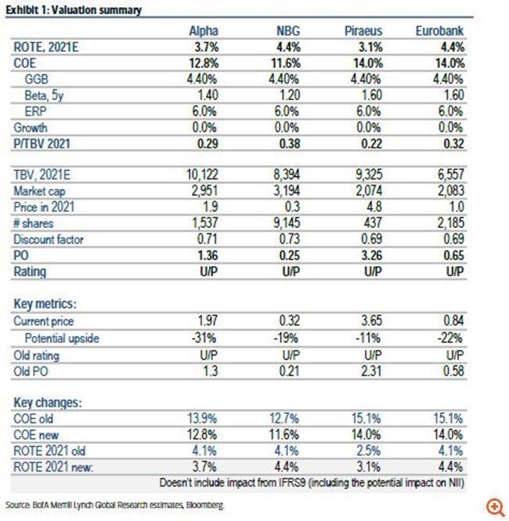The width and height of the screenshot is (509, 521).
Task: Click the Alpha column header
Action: click(x=204, y=31)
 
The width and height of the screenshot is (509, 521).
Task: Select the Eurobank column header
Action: click(x=439, y=31)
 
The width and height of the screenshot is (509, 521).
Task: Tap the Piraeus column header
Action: click(x=363, y=31)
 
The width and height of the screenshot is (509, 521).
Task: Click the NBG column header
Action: click(x=288, y=31)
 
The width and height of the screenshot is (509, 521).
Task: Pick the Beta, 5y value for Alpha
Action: click(x=208, y=96)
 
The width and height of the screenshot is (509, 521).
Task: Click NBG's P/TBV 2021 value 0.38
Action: click(x=290, y=144)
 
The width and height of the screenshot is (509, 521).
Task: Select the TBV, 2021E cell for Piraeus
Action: click(x=369, y=175)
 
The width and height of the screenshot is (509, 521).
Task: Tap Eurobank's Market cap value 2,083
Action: click(x=450, y=190)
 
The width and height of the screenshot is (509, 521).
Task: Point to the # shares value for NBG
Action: click(x=287, y=223)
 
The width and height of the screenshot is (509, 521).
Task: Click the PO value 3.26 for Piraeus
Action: click(x=372, y=255)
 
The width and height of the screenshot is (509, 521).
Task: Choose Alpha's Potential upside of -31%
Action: click(x=204, y=338)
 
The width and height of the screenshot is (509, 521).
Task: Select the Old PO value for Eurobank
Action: click(x=453, y=371)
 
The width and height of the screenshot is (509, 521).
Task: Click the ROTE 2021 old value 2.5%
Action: click(x=369, y=451)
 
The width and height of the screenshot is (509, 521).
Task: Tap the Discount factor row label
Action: click(x=49, y=240)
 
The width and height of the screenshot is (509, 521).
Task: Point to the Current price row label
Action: click(x=44, y=321)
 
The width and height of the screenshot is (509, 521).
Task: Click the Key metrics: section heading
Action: click(x=45, y=304)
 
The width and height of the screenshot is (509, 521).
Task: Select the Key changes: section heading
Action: click(x=48, y=403)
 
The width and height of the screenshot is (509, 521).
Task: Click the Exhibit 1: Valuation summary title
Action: click(x=74, y=10)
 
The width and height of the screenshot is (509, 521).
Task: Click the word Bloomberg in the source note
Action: click(x=204, y=505)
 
